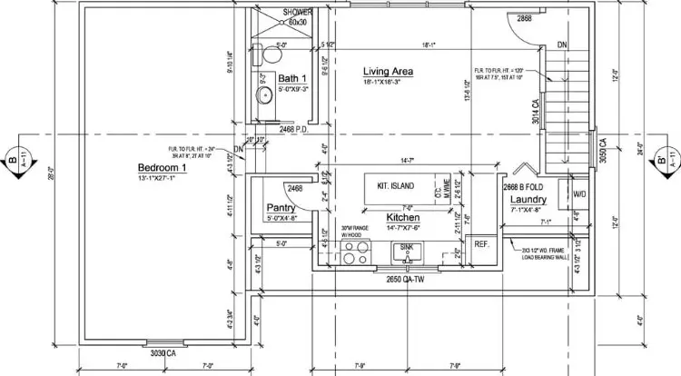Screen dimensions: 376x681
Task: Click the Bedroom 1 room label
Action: (162, 168)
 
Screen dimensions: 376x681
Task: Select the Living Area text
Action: (390, 72)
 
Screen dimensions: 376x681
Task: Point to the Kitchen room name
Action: (401, 218)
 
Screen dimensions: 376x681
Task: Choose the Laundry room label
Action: (528, 199)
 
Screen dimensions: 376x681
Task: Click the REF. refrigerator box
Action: (481, 244)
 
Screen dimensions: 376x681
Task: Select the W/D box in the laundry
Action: (578, 193)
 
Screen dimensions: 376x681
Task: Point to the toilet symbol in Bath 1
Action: (266, 56)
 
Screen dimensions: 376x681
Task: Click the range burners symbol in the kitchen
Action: (356, 252)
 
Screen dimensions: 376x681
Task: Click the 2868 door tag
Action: (524, 18)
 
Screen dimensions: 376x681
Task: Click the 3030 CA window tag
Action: (163, 352)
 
